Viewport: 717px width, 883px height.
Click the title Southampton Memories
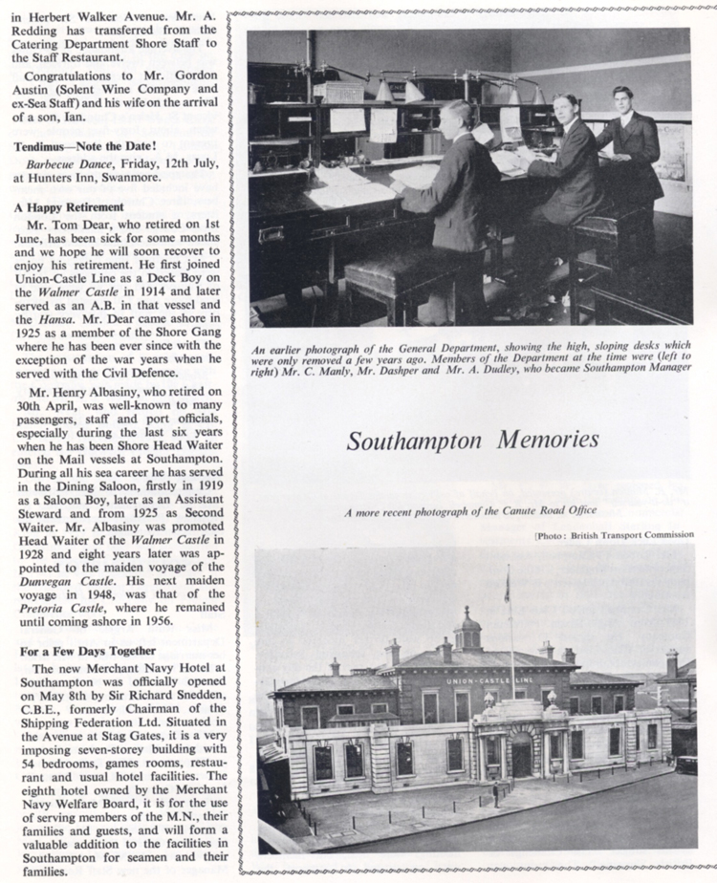[472, 441]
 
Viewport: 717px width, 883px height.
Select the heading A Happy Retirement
[69, 206]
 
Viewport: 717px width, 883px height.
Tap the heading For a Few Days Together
[79, 650]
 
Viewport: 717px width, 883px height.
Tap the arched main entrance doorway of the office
[522, 755]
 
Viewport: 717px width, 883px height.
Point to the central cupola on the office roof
[467, 631]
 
